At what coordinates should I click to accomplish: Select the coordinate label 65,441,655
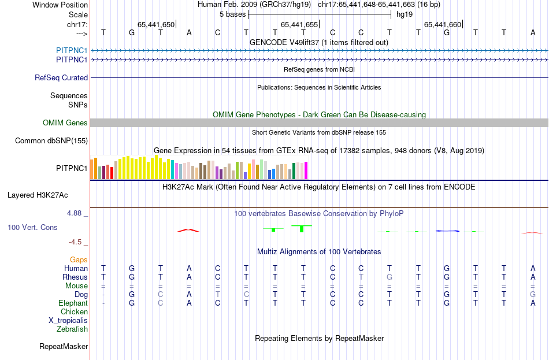(x=299, y=24)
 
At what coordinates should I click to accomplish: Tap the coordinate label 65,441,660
(x=443, y=24)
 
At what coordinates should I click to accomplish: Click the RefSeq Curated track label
(x=61, y=77)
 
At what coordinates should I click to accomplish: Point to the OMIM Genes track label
(x=65, y=123)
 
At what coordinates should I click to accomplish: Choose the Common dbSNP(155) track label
(x=51, y=140)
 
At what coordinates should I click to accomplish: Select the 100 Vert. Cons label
(x=32, y=227)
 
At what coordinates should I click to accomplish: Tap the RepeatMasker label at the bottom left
(x=64, y=346)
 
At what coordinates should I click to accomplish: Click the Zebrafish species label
(x=72, y=329)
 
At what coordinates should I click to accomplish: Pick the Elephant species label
(x=73, y=303)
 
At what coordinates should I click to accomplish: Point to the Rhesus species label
(x=75, y=277)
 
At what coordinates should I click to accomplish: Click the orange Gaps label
(x=79, y=259)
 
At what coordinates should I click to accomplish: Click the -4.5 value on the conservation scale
(x=76, y=242)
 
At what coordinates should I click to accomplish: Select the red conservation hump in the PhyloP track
(x=188, y=230)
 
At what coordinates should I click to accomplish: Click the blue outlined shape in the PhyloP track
(x=447, y=231)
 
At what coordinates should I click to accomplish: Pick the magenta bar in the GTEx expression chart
(x=306, y=170)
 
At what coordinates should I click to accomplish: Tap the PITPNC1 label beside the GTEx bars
(x=72, y=169)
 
